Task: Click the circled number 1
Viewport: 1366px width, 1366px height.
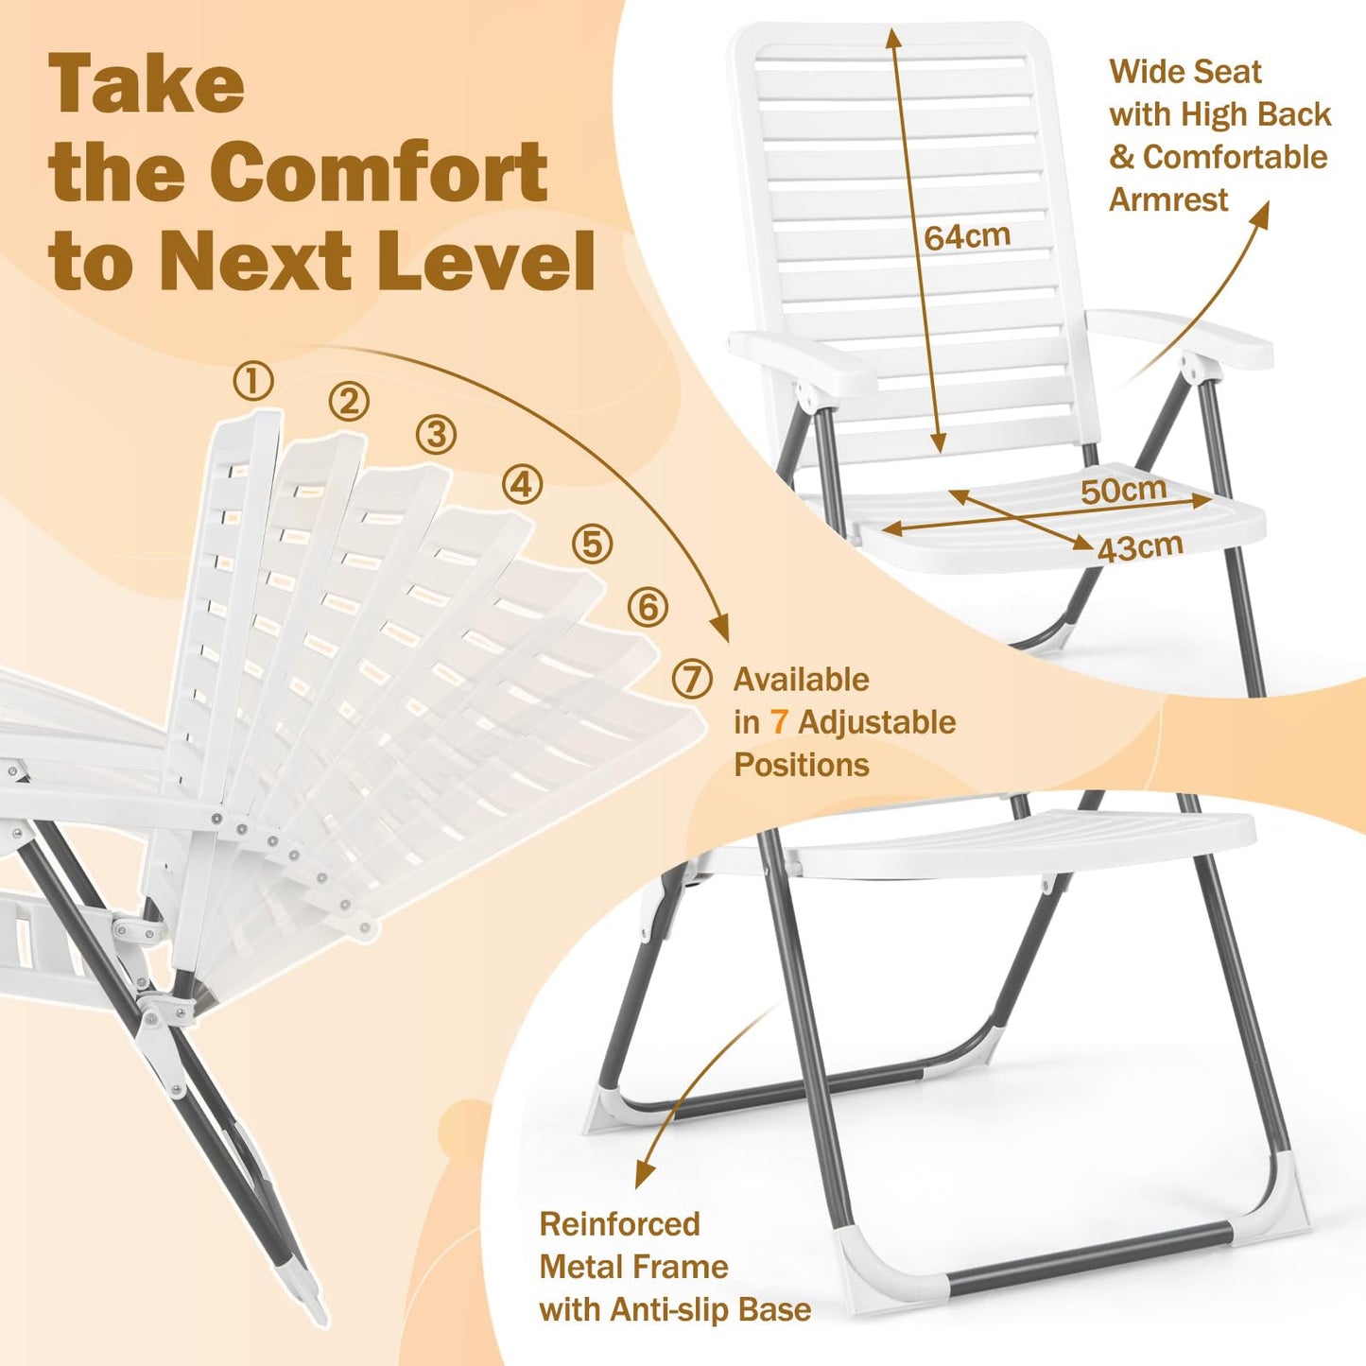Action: click(253, 381)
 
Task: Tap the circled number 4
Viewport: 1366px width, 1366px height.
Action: click(522, 485)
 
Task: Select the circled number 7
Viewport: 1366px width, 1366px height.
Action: click(692, 679)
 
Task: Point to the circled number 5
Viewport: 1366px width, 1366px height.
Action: click(593, 545)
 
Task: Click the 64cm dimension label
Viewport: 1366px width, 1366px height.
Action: click(967, 236)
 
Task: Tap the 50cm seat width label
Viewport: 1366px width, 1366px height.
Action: click(1124, 490)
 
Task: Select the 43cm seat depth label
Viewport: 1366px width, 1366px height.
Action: click(1140, 547)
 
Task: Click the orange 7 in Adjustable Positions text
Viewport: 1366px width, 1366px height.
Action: click(779, 722)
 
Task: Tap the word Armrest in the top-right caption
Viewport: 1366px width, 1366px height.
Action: click(1168, 199)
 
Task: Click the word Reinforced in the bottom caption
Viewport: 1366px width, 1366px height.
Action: click(619, 1224)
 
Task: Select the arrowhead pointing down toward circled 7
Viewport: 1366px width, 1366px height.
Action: click(720, 629)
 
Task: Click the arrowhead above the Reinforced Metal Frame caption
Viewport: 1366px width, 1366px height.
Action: click(645, 1175)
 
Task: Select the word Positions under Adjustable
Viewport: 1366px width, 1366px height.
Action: click(802, 765)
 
